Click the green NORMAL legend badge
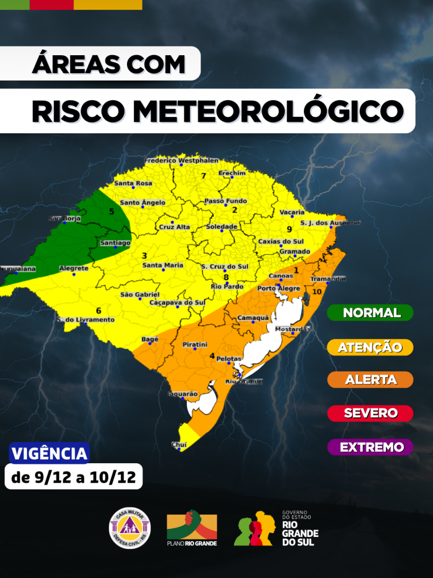371,313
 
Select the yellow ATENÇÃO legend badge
371,347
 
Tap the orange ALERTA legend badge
371,380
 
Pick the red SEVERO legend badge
371,413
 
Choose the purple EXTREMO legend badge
371,447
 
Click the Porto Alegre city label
278,289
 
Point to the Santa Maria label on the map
163,265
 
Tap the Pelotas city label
229,359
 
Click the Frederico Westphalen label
182,161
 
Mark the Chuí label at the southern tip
179,444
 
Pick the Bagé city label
149,339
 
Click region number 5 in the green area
112,212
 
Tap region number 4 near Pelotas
212,356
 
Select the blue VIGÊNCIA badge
49,453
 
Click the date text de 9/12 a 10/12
74,477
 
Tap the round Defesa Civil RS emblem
130,527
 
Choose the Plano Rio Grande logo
192,528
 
